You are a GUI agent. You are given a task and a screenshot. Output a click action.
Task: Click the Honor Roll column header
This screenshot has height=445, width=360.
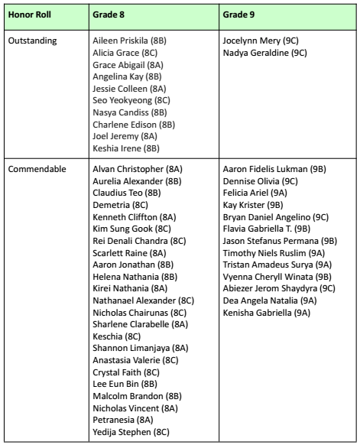(29, 15)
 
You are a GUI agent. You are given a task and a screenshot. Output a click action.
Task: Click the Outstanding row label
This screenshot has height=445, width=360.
(33, 41)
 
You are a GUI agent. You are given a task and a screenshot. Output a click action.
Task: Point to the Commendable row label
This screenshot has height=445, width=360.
(37, 168)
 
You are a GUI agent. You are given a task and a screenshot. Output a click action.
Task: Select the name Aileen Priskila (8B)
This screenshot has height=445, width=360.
(127, 41)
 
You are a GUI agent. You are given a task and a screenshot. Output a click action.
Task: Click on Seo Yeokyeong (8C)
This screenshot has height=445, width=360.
(131, 100)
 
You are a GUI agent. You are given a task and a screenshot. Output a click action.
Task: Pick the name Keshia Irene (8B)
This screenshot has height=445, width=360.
(126, 148)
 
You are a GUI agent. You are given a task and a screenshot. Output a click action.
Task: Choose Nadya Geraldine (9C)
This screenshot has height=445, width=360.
(265, 53)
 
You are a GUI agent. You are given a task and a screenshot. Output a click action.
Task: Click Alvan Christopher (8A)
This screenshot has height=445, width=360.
(138, 168)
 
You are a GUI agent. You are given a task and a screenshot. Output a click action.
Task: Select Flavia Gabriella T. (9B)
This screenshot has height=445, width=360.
(267, 229)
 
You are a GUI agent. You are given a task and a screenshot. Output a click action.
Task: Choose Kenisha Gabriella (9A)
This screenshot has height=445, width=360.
(266, 313)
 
